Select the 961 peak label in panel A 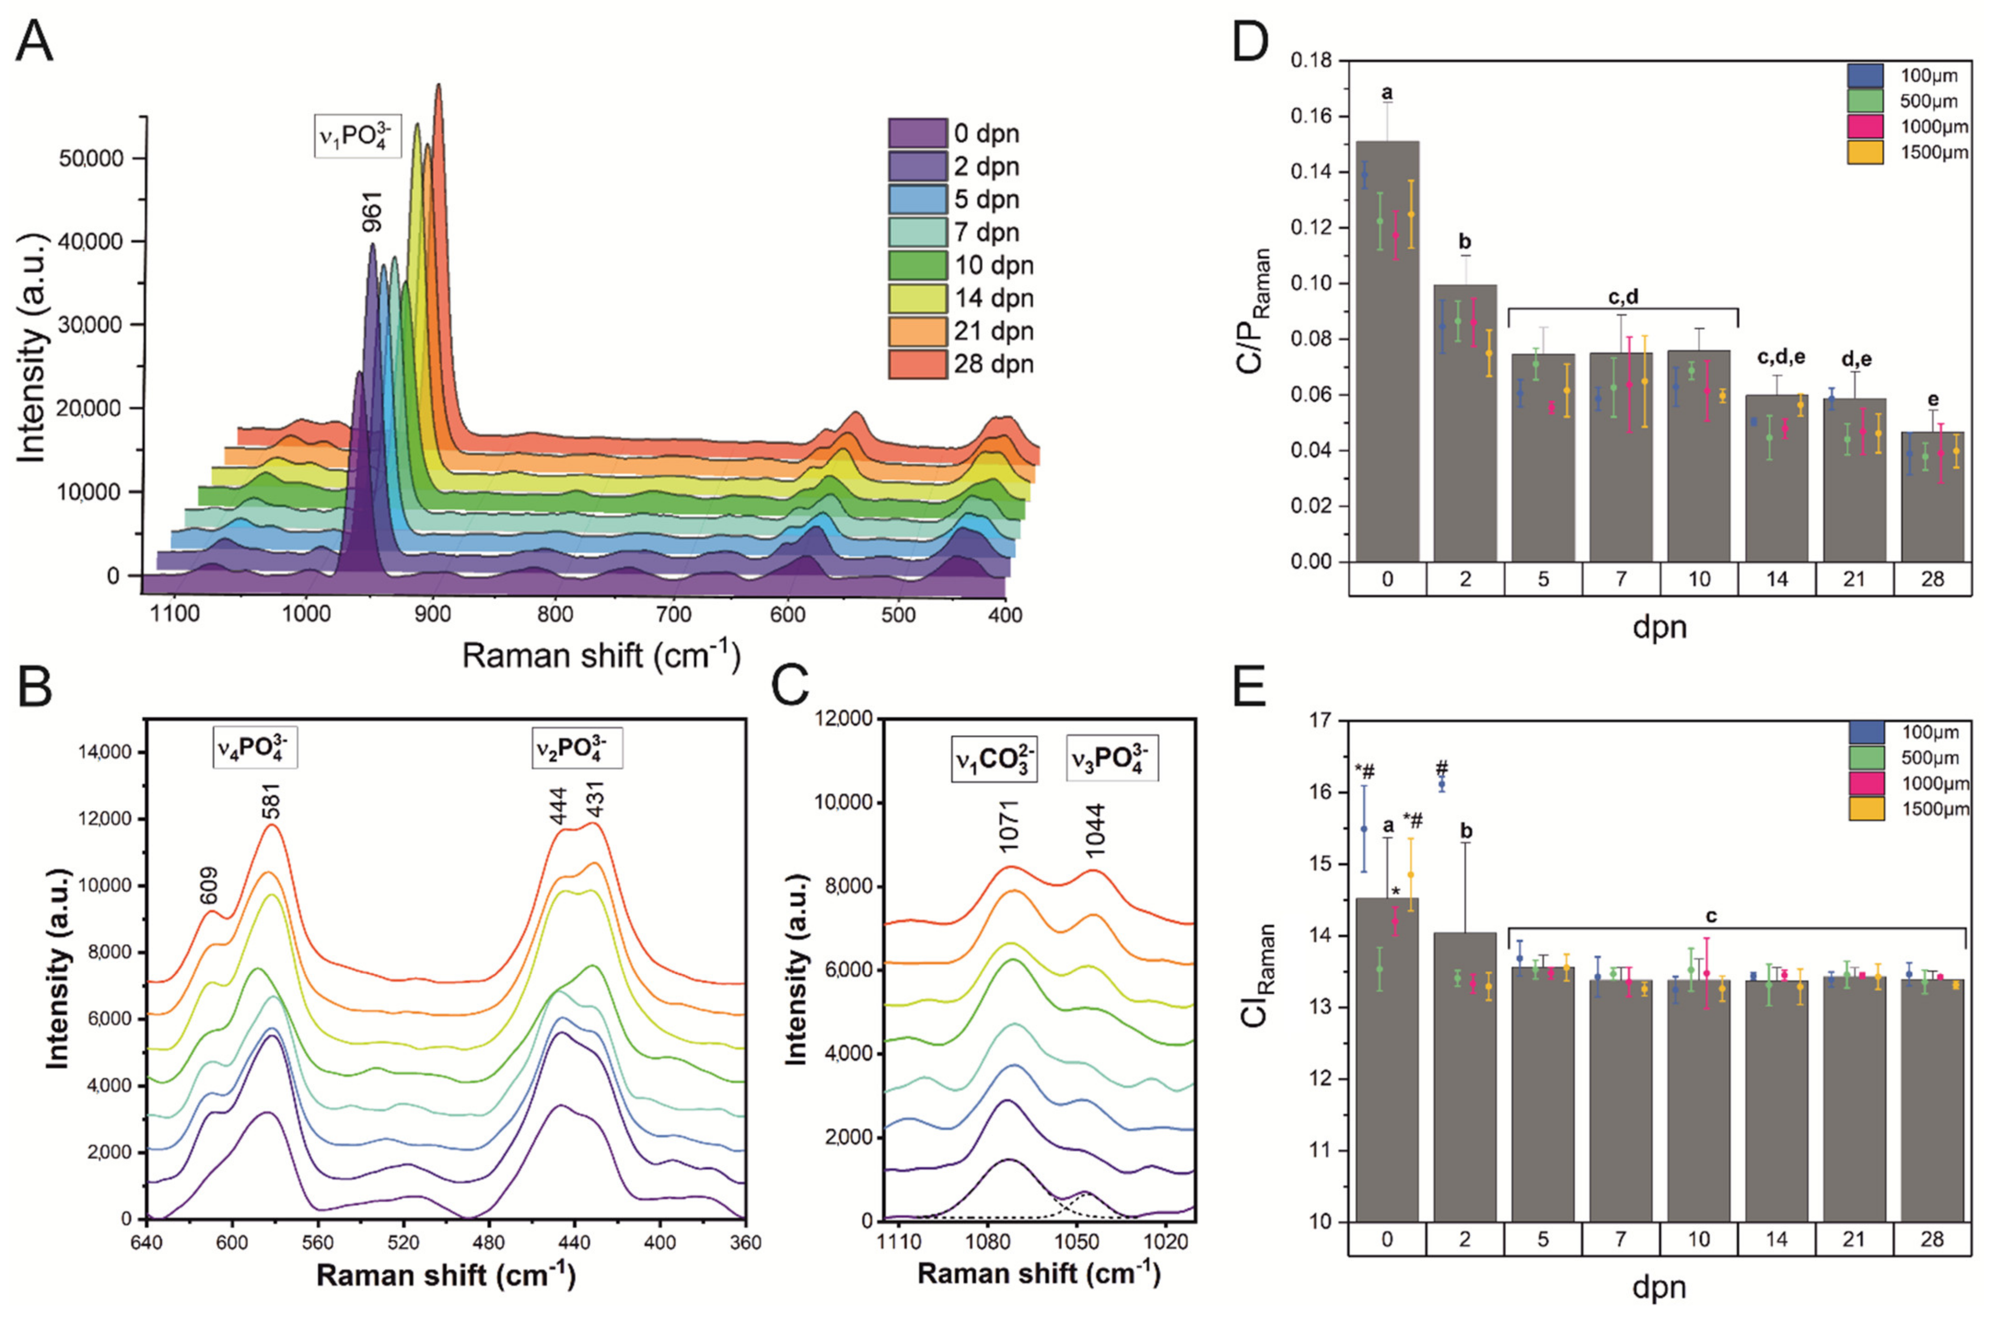click(x=371, y=212)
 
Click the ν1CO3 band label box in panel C click(x=994, y=759)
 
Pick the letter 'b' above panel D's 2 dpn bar click(x=1466, y=242)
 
